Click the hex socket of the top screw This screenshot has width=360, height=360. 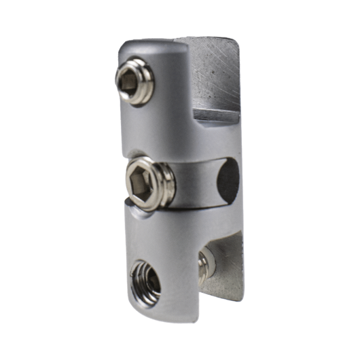tap(128, 84)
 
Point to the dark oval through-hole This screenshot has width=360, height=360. tap(228, 179)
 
